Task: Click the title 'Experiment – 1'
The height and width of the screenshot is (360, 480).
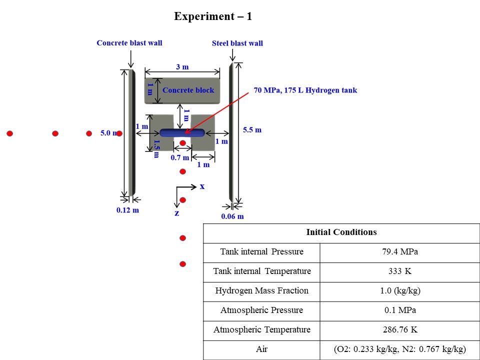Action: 213,16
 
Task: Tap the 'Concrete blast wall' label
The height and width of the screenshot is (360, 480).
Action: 129,43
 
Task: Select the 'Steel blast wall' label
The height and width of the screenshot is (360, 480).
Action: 237,43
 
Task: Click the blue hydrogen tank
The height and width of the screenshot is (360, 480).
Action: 182,132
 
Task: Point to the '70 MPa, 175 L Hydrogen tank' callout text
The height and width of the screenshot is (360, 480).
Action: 305,90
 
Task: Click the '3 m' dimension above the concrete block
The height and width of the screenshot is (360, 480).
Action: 182,66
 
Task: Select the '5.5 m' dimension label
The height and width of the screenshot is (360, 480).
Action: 252,130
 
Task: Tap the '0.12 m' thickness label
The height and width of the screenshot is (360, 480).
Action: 127,210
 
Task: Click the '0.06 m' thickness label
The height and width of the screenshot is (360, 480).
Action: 232,216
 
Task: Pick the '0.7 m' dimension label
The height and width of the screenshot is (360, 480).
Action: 180,157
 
